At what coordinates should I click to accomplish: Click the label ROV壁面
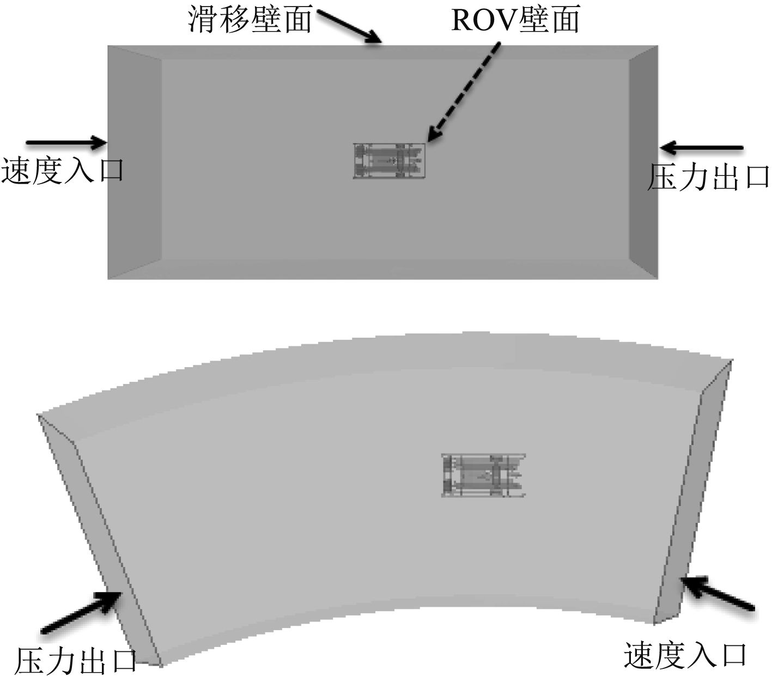point(515,20)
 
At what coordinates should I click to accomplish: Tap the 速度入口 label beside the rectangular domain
point(63,169)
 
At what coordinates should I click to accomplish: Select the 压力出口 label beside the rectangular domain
point(708,177)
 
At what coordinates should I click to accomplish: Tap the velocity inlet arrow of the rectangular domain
point(65,143)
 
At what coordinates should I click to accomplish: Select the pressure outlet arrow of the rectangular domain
point(702,148)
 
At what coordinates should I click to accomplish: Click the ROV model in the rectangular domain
point(388,161)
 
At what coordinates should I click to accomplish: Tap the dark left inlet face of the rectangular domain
point(134,162)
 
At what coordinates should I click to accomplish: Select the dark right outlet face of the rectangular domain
point(643,162)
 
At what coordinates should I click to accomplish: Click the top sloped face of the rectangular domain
point(381,52)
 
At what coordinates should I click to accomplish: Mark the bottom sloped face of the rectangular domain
point(381,270)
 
